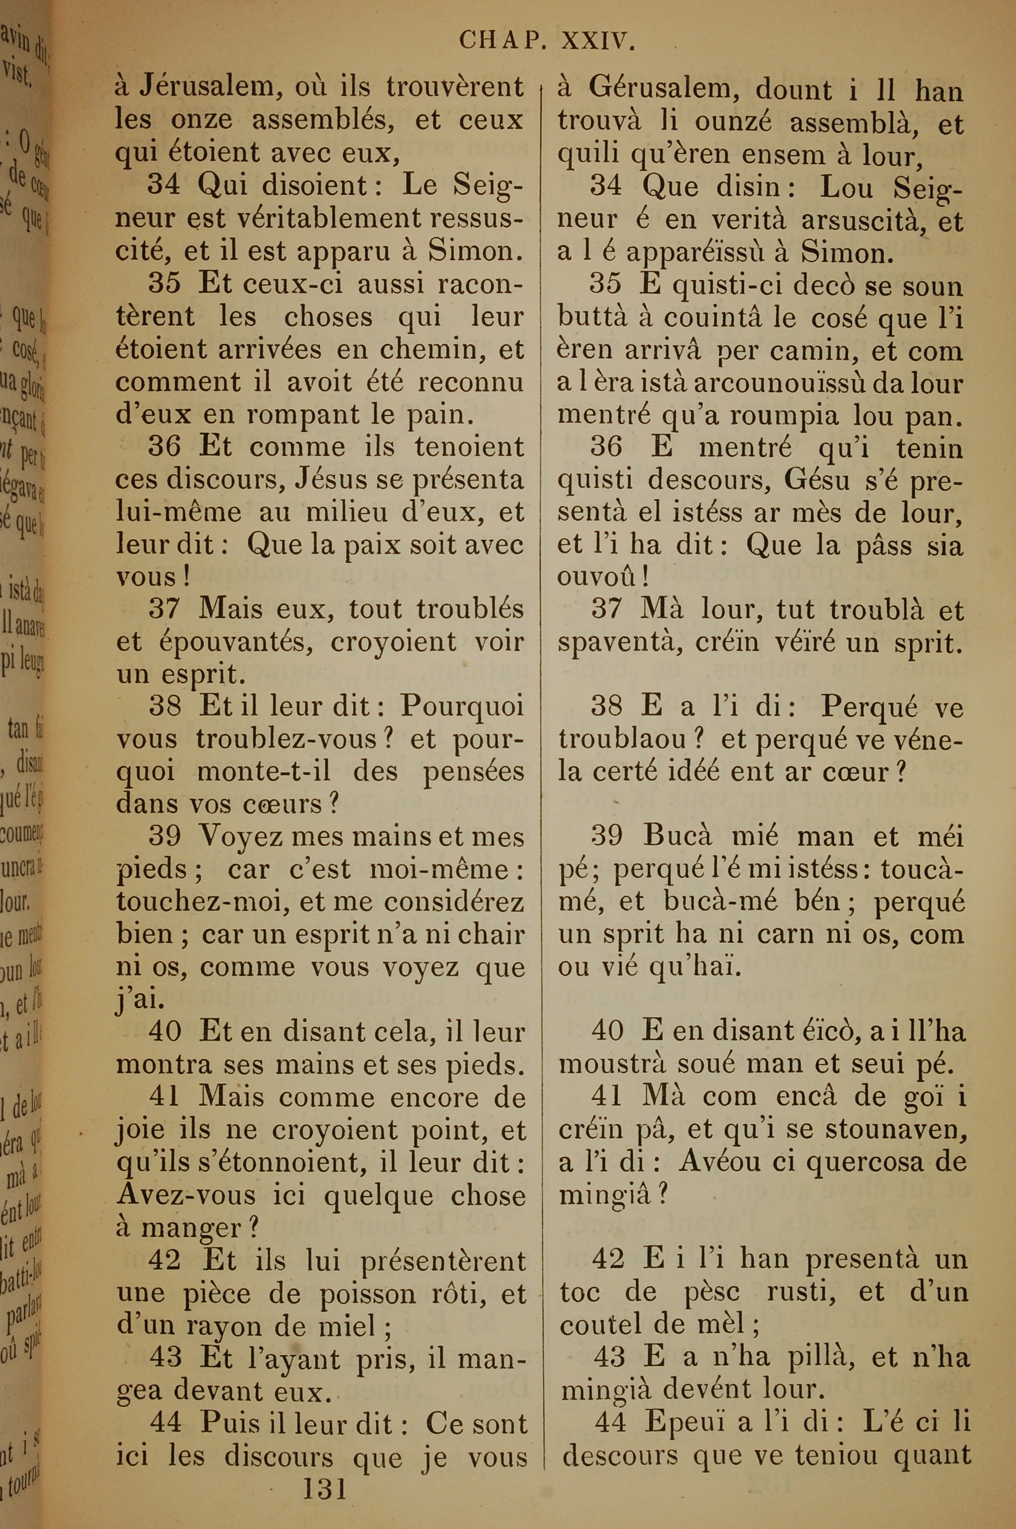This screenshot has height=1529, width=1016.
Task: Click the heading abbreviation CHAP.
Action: point(500,42)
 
